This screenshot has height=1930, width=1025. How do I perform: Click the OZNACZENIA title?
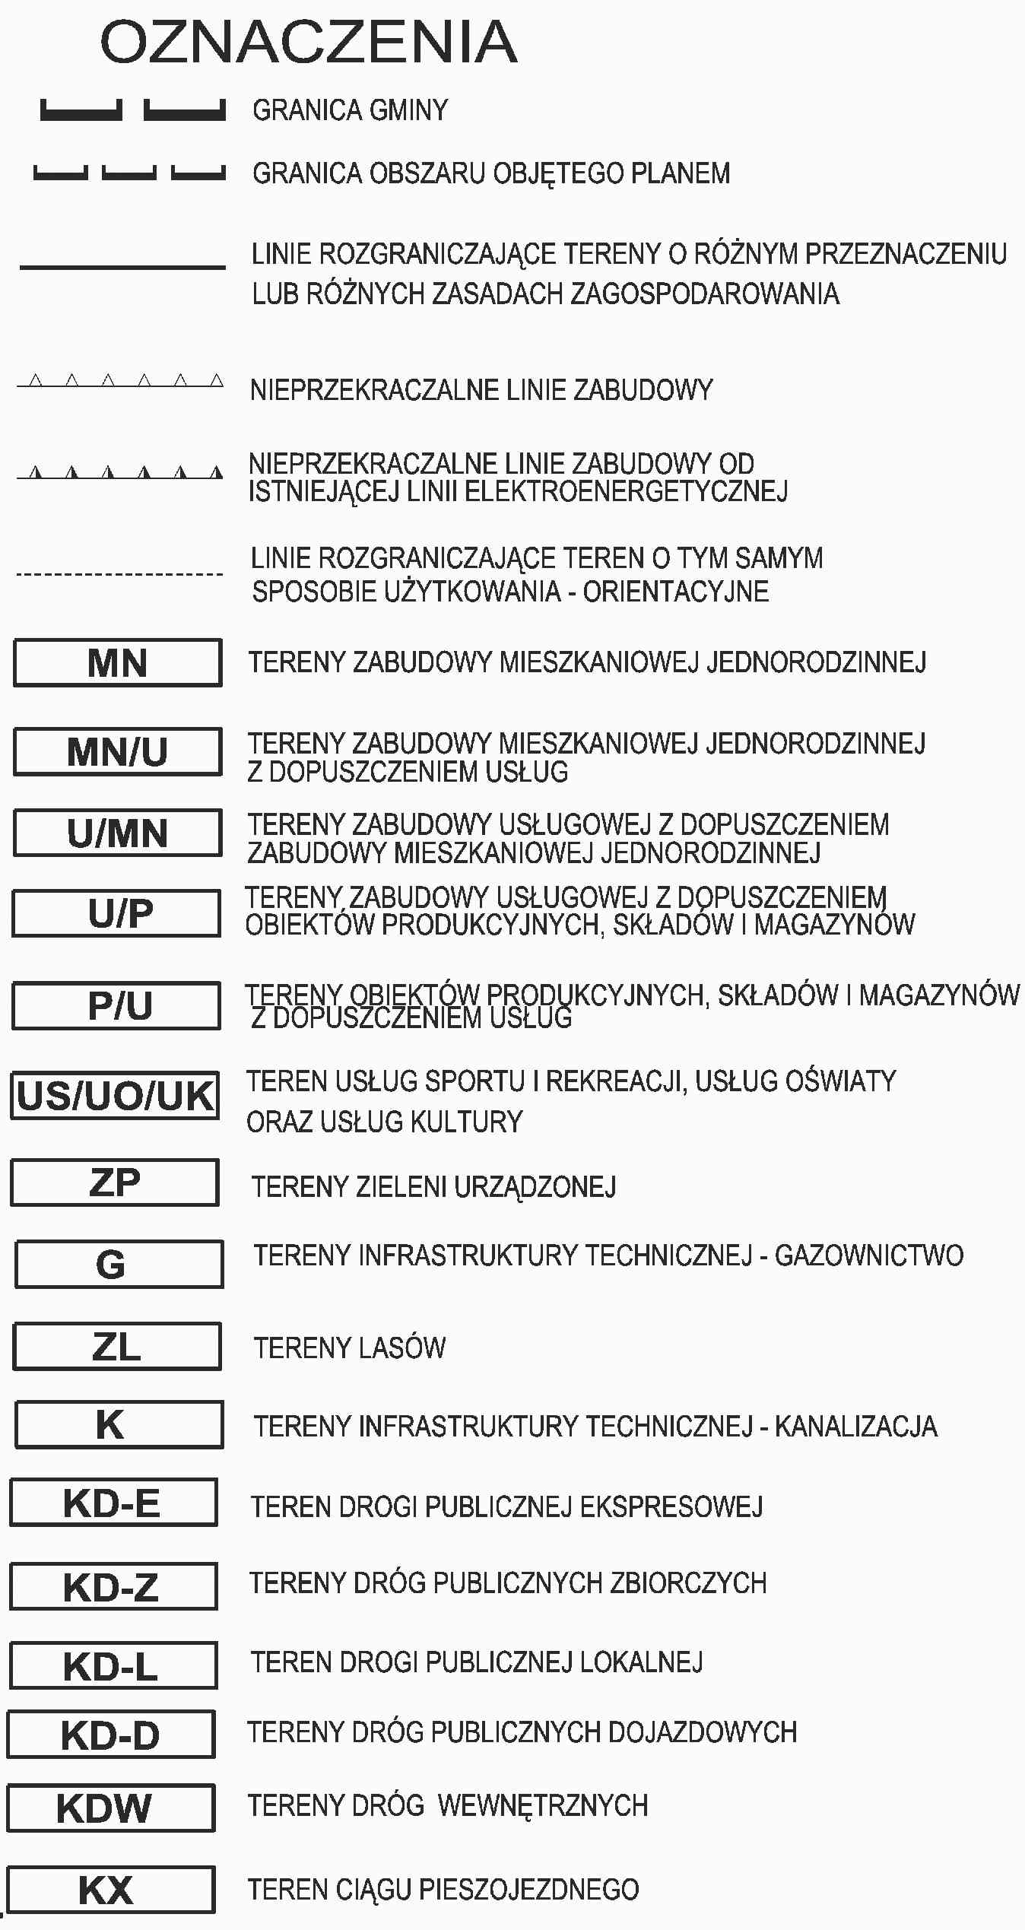(309, 43)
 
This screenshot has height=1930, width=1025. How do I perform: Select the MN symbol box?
(118, 663)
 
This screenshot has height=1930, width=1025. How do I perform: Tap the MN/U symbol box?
(118, 752)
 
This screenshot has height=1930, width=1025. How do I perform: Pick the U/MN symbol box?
(118, 833)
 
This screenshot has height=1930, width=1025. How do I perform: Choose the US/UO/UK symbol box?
(116, 1096)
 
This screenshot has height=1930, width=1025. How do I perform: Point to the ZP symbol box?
(115, 1182)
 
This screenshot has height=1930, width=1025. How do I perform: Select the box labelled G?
(119, 1264)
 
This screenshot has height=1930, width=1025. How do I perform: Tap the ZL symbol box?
(117, 1346)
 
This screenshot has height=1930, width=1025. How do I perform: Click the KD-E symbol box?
(113, 1503)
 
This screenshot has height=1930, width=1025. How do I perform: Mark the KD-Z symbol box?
(113, 1586)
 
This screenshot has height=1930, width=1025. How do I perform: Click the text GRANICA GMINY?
(351, 110)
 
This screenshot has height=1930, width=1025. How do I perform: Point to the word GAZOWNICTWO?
(869, 1255)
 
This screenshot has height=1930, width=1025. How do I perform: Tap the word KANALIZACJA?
(856, 1427)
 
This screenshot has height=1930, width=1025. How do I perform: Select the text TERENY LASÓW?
(350, 1348)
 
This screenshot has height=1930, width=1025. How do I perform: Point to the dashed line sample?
(120, 574)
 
